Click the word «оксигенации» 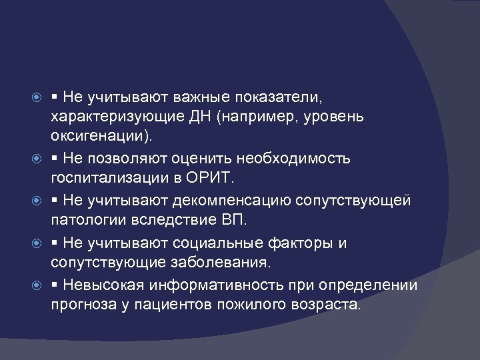click(99, 138)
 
